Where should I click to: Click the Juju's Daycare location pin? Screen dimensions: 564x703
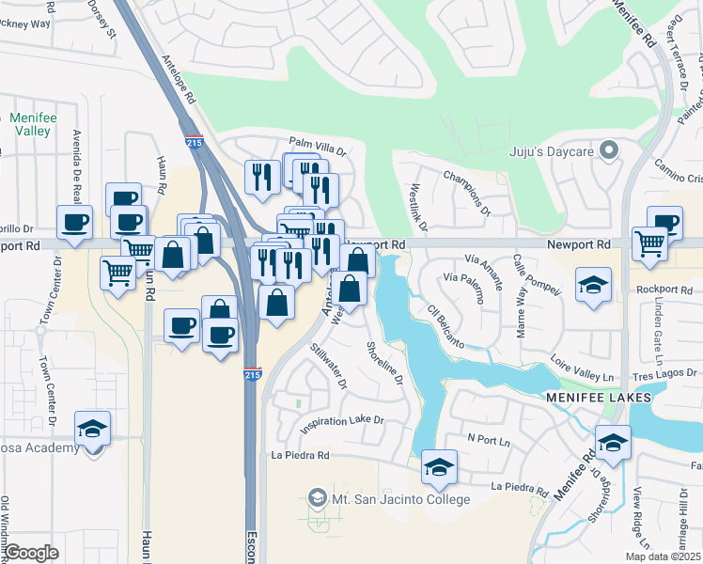tap(609, 149)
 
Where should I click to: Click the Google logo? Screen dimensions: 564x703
tap(32, 552)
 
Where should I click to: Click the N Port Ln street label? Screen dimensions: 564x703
tap(489, 441)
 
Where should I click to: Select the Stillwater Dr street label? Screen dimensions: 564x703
tap(329, 366)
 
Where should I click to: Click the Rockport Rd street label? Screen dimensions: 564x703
tap(669, 290)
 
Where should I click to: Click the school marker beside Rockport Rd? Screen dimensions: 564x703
tap(594, 285)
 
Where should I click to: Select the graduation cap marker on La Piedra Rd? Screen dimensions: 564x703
tap(439, 467)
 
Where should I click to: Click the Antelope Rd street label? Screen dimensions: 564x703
tap(178, 79)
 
